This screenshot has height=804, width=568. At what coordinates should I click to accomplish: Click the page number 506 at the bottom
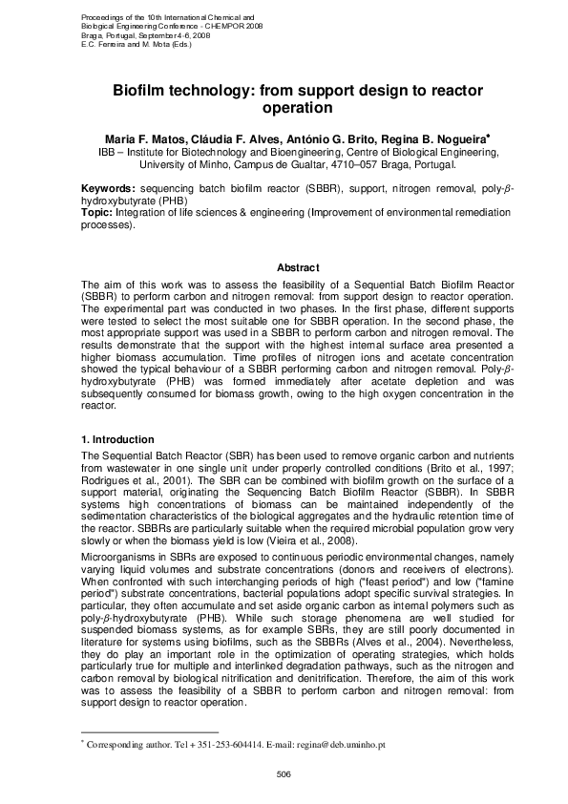[284, 772]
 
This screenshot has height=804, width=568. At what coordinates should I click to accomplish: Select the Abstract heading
[298, 267]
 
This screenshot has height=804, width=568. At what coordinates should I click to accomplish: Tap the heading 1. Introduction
[117, 439]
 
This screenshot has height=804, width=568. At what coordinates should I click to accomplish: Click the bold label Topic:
[98, 215]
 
